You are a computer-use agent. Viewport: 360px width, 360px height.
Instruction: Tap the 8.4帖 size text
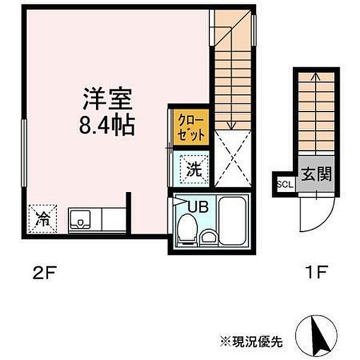[106, 125]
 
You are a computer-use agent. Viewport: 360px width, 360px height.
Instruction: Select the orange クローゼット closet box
[190, 127]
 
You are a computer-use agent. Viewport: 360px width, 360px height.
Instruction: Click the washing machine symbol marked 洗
[193, 169]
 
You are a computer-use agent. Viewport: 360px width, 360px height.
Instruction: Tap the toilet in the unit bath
[187, 230]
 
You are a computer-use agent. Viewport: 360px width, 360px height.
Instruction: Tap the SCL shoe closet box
[284, 184]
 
